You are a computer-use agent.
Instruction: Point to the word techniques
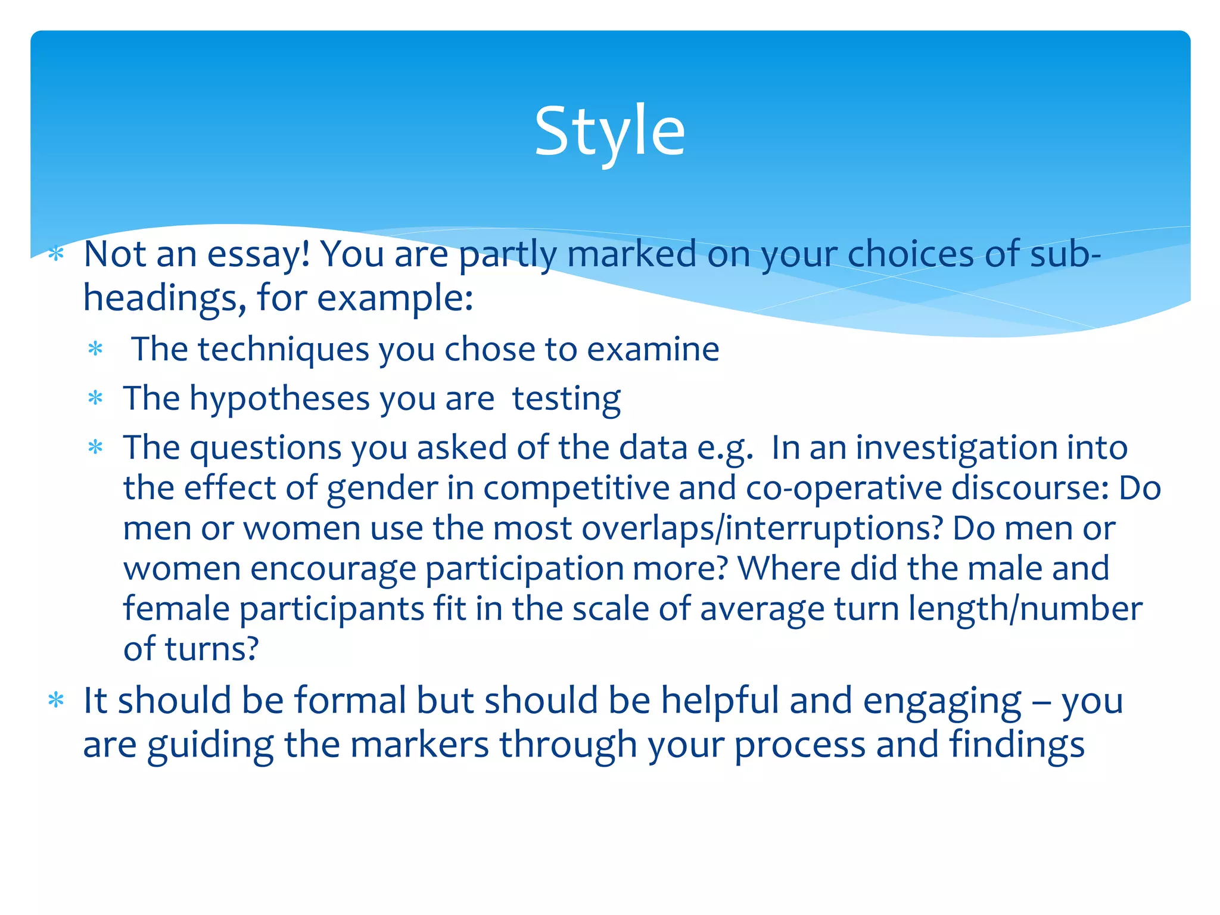click(x=284, y=349)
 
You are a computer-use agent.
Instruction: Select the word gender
click(x=382, y=488)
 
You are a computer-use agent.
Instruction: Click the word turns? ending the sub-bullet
click(x=211, y=649)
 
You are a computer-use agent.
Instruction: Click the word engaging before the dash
click(x=941, y=701)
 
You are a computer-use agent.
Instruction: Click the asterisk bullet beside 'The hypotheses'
click(x=95, y=398)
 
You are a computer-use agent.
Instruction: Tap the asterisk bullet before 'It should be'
click(x=56, y=701)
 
